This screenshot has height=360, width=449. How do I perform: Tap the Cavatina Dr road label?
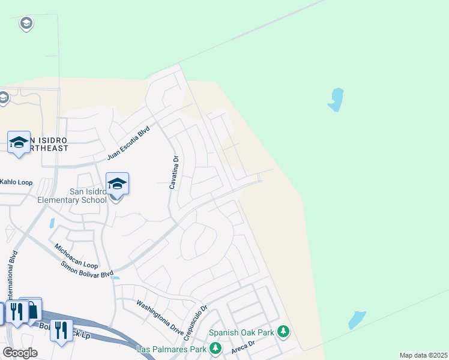173,173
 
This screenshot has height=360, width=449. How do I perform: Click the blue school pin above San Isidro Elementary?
117,183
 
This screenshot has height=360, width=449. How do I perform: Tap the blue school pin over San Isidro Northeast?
19,142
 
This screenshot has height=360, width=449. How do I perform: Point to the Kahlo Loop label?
16,181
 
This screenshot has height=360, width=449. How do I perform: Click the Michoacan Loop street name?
76,256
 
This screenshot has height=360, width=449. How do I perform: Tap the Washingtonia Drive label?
160,310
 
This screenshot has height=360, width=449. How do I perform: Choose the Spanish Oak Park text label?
242,332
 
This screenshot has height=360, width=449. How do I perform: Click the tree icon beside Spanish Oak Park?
283,331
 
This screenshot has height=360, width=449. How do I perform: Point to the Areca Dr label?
244,346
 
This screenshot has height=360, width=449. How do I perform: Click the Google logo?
20,353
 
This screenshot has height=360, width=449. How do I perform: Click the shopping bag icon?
32,310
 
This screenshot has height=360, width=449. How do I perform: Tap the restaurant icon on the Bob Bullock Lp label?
61,329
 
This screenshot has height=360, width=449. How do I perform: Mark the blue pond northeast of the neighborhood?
336,99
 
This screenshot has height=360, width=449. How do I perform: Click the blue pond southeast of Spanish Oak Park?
357,319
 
